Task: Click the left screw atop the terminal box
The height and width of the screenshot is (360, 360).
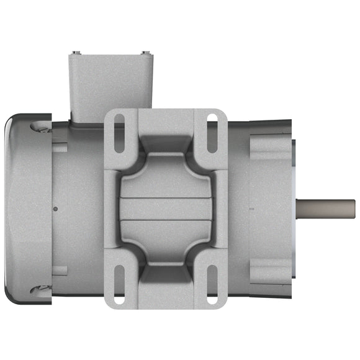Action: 74,52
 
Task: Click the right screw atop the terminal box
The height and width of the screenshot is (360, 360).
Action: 145,52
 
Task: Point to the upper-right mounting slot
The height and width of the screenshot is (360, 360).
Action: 212,132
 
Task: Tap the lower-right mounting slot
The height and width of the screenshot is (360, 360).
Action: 212,285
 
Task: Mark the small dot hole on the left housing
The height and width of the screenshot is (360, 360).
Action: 56,209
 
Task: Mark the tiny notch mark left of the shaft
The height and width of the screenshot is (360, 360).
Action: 251,209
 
